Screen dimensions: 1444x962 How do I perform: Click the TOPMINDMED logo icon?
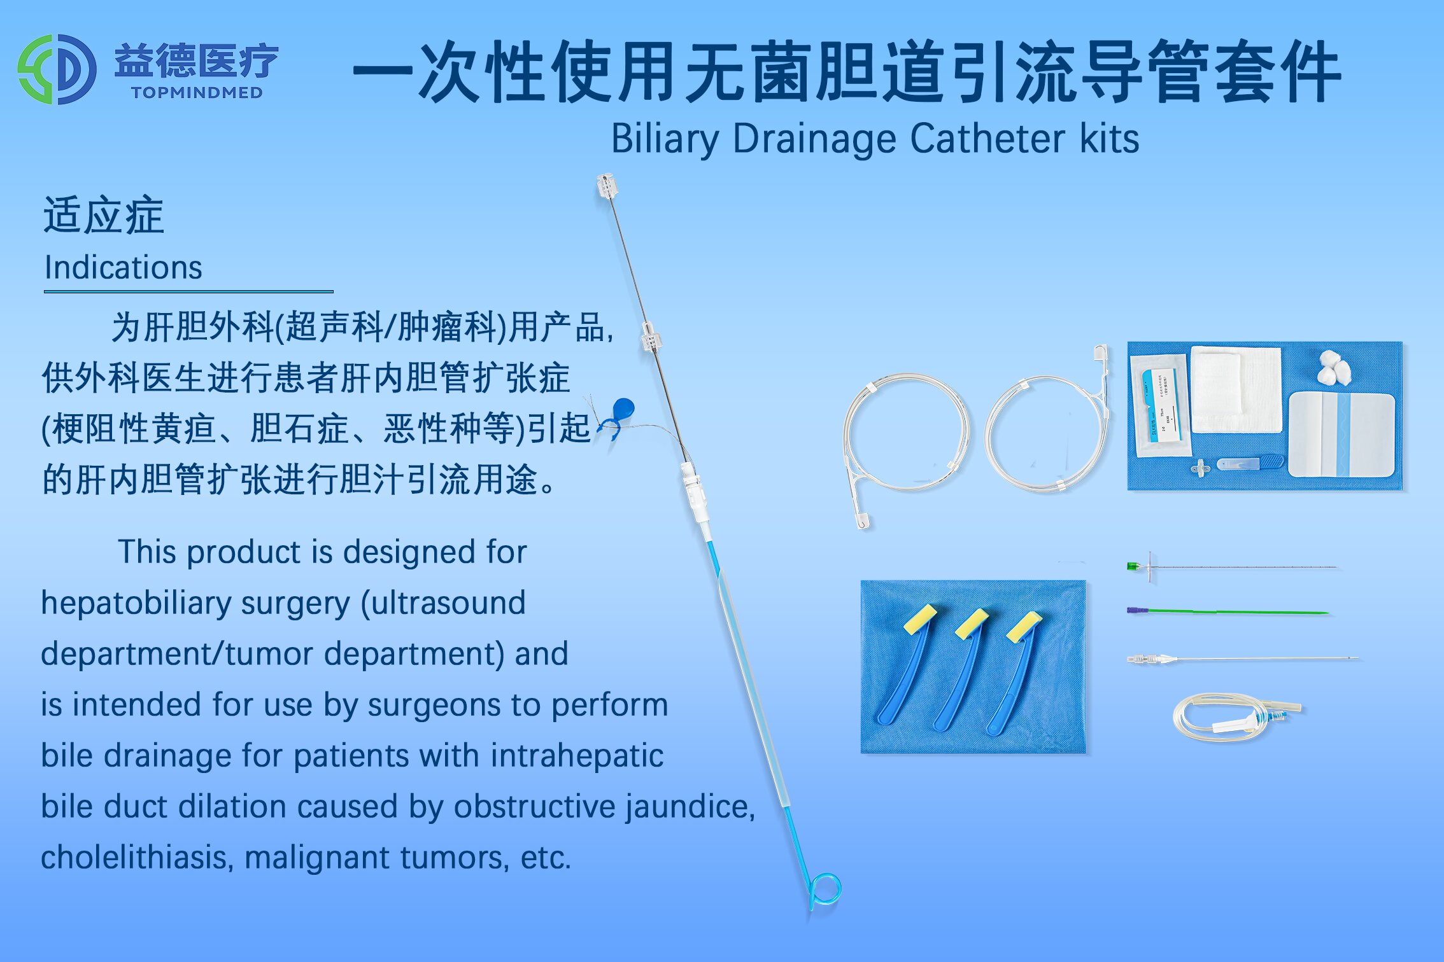tap(57, 69)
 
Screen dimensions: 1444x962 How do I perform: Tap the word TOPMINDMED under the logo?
tap(197, 93)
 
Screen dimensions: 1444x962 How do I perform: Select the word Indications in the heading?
tap(124, 267)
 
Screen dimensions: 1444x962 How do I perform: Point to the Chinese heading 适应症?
tap(104, 215)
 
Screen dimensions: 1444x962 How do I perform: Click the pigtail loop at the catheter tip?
tap(825, 889)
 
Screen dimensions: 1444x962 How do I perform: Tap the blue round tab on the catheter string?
tap(622, 410)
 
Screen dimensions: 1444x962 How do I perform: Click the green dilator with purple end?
tap(1227, 611)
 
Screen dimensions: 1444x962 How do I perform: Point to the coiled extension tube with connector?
tap(1236, 717)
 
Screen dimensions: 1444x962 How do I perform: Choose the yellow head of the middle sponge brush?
tap(972, 623)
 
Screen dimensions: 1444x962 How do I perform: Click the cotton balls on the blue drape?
tap(1334, 367)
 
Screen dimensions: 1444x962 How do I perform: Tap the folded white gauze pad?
tap(1236, 389)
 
